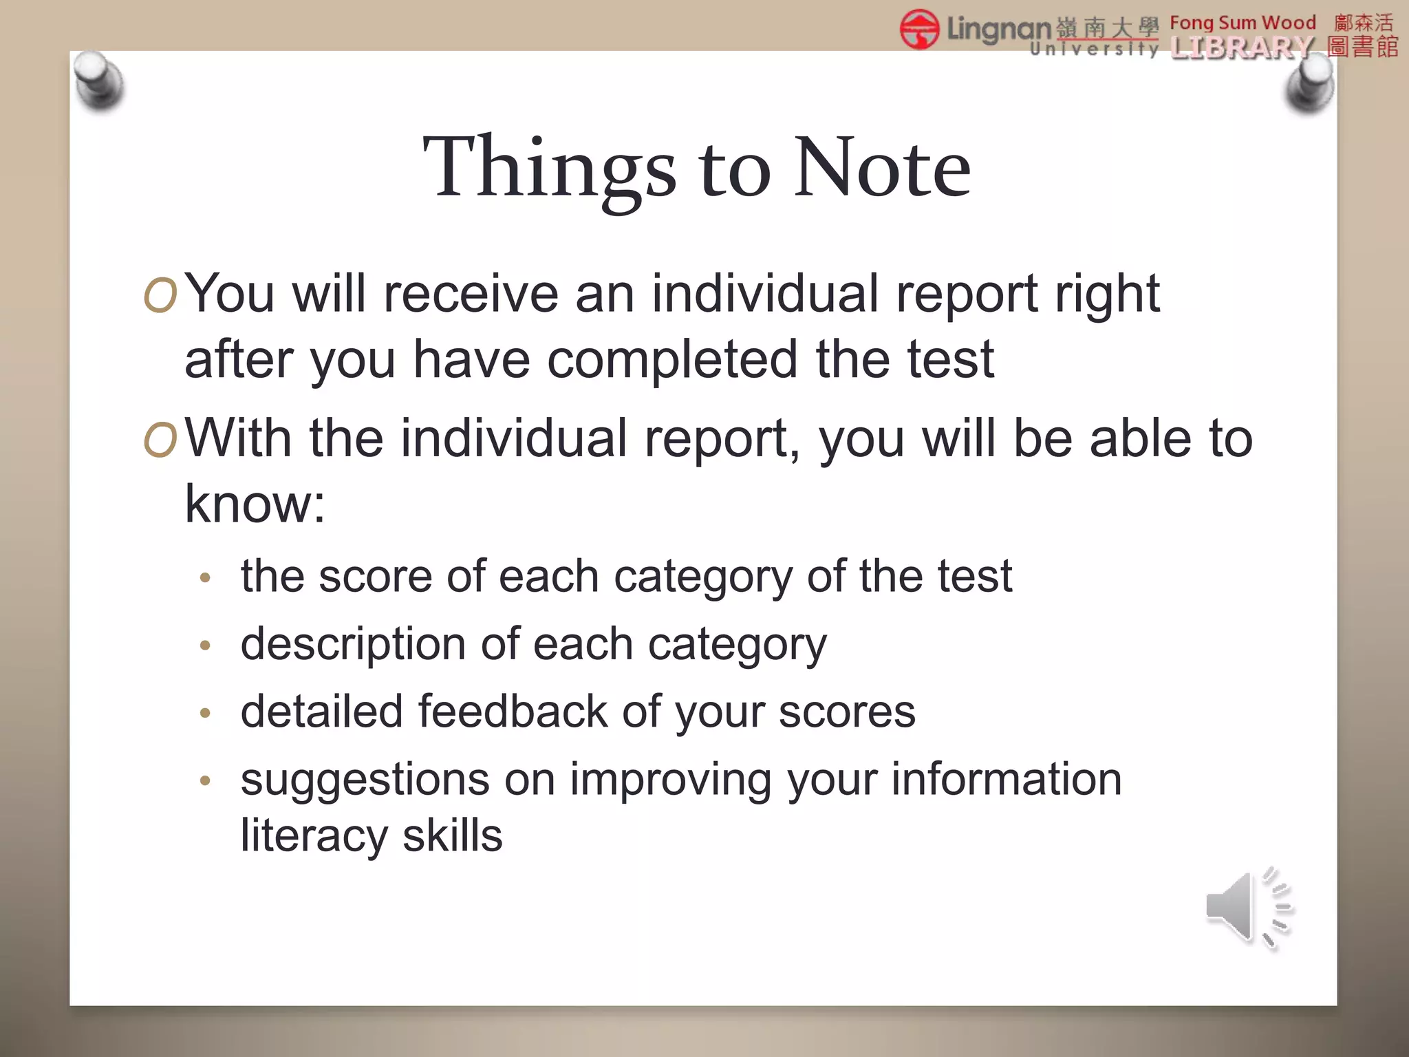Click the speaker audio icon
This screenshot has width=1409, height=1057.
[1247, 908]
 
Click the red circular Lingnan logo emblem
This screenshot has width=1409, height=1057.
[919, 30]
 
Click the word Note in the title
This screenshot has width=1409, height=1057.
[882, 167]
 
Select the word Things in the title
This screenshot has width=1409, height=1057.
[550, 167]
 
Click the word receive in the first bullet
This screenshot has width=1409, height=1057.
[471, 294]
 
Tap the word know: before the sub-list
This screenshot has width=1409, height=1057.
[255, 504]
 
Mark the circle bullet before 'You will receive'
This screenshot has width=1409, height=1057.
[160, 296]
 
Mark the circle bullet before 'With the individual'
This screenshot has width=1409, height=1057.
[160, 440]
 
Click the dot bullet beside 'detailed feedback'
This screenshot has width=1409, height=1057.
[204, 714]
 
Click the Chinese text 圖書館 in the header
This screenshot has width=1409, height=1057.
[1363, 47]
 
